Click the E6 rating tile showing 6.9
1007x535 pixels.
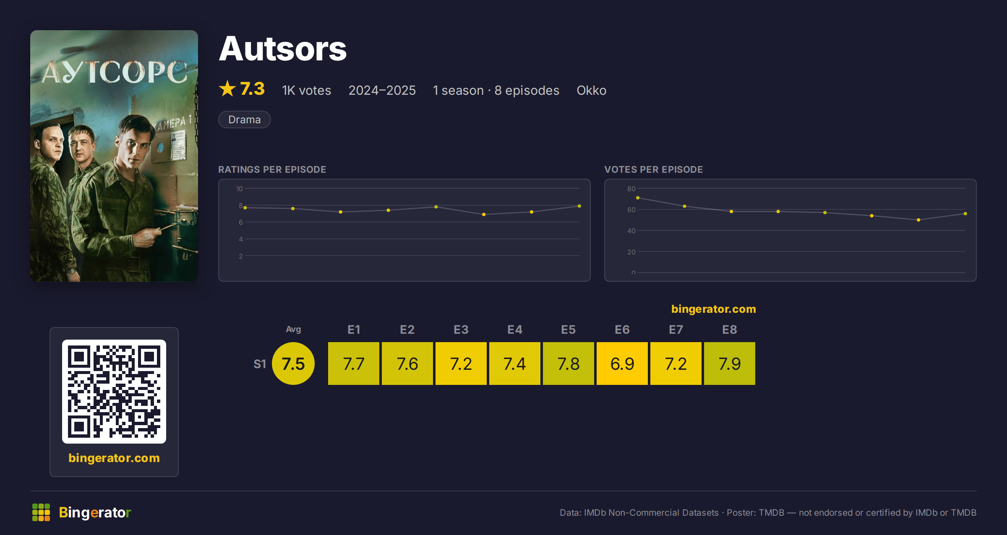click(x=622, y=364)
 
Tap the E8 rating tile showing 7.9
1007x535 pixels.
click(x=730, y=364)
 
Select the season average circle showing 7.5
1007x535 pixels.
click(x=293, y=364)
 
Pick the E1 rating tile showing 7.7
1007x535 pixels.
click(x=354, y=364)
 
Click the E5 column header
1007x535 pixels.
click(x=569, y=330)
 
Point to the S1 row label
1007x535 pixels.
click(x=260, y=364)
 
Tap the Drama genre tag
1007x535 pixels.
click(x=245, y=119)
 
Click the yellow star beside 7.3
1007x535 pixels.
click(x=227, y=88)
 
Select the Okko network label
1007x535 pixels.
click(x=592, y=90)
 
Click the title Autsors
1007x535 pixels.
click(x=283, y=49)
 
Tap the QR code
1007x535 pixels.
click(x=114, y=392)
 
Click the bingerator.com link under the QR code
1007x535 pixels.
click(x=114, y=458)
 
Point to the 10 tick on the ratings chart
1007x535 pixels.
click(x=240, y=189)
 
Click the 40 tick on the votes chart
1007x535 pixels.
click(x=631, y=231)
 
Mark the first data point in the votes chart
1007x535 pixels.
click(x=638, y=198)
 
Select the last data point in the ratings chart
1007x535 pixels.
click(x=579, y=206)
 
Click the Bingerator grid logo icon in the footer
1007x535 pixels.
click(x=41, y=512)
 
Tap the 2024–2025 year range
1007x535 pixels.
click(x=382, y=90)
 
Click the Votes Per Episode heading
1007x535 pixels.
click(x=653, y=169)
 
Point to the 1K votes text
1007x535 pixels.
click(x=307, y=90)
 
